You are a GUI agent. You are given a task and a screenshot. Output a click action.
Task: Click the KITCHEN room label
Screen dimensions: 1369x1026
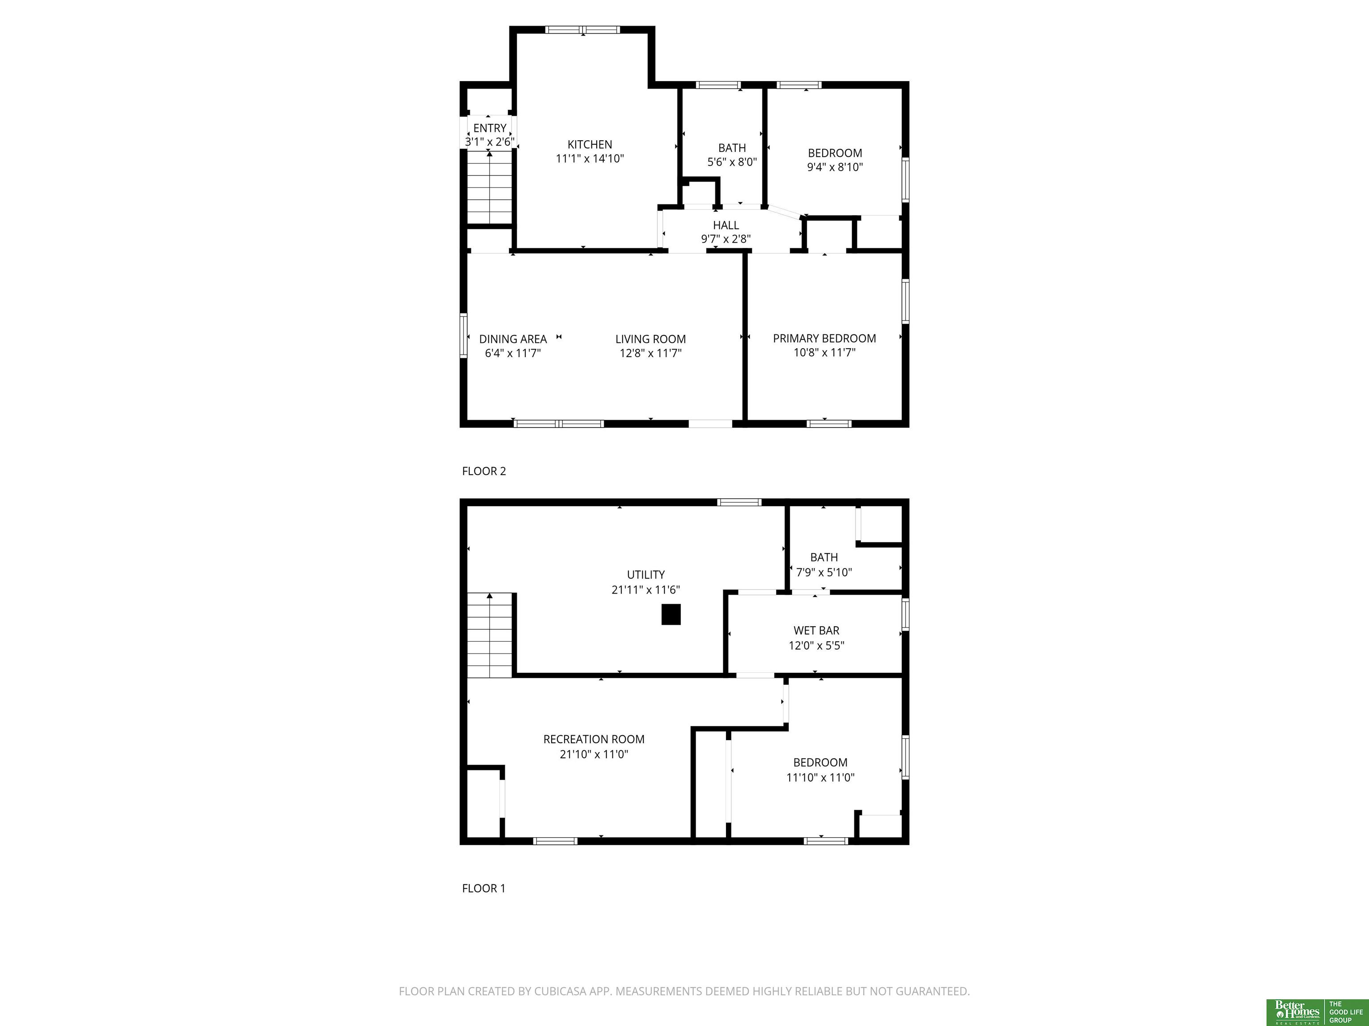[x=590, y=144]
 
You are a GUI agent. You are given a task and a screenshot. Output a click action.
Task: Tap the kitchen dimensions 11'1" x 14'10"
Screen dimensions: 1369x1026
[x=590, y=159]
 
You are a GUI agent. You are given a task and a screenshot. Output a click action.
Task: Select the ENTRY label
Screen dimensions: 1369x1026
[x=490, y=128]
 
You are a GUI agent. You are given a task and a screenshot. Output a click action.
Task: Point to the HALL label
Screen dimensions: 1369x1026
[x=726, y=225]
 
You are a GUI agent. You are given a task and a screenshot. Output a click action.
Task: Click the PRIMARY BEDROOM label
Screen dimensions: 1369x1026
[x=824, y=338]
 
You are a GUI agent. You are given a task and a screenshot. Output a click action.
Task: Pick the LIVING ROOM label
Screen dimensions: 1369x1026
[x=651, y=339]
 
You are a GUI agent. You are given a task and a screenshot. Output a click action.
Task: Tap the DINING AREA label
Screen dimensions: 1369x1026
[x=513, y=339]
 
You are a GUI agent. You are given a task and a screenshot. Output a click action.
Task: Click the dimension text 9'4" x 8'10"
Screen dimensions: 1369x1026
[x=835, y=167]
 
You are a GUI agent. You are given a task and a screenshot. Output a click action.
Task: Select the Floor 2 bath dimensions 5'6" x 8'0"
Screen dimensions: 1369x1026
[x=732, y=162]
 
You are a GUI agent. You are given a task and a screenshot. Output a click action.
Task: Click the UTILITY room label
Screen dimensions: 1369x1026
[x=646, y=574]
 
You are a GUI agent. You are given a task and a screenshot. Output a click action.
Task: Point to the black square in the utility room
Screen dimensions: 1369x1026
[x=671, y=614]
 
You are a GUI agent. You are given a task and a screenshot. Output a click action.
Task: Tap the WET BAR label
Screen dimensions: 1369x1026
[x=816, y=630]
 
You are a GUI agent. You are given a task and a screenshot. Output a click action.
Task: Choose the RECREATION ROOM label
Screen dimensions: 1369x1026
[x=594, y=739]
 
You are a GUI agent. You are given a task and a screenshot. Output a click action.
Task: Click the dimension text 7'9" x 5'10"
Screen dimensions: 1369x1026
[x=824, y=572]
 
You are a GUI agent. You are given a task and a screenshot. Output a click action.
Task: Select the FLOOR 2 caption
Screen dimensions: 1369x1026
[x=484, y=471]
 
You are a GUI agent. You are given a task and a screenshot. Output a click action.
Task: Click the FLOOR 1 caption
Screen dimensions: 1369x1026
[x=484, y=889]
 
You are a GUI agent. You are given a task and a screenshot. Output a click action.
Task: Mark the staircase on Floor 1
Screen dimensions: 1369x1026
[x=490, y=635]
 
